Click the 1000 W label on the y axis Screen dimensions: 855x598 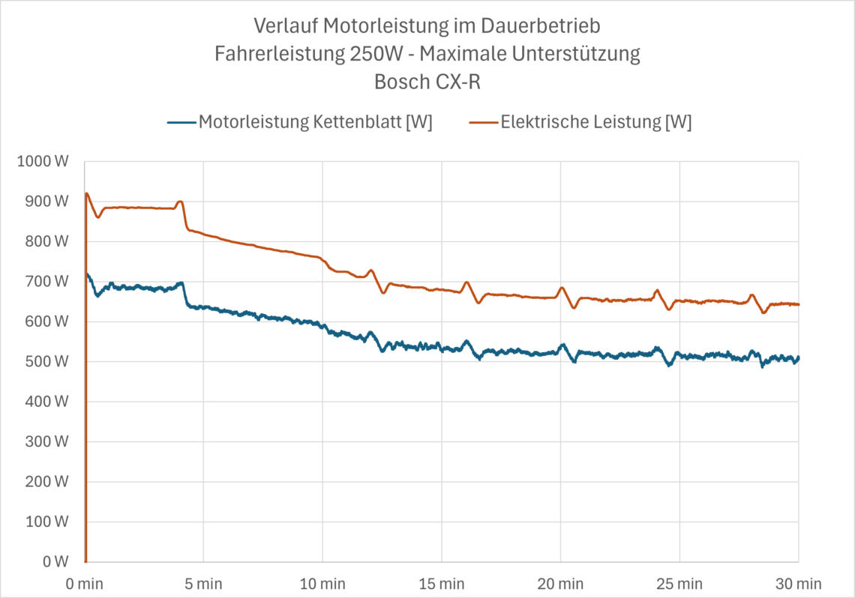(x=43, y=161)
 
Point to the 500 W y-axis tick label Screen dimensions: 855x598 (x=47, y=362)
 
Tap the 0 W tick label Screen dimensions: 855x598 (x=55, y=561)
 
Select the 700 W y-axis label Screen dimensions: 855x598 (x=47, y=282)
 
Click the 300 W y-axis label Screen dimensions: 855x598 (x=47, y=441)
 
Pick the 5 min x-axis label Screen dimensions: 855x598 (x=203, y=584)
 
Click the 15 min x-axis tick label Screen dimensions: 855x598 (x=442, y=584)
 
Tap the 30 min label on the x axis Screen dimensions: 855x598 (x=798, y=584)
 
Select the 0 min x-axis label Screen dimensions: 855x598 (x=85, y=584)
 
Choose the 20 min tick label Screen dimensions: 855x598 (x=560, y=584)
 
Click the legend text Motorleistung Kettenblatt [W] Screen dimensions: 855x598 (x=315, y=122)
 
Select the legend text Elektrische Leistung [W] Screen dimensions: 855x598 (x=596, y=122)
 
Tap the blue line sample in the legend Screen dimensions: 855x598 (x=181, y=123)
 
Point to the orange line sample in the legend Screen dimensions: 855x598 (x=484, y=123)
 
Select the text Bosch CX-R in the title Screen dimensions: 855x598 (x=427, y=82)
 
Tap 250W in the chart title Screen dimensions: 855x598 (x=374, y=54)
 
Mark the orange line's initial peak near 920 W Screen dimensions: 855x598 (x=87, y=193)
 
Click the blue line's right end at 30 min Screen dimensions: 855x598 (x=798, y=358)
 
